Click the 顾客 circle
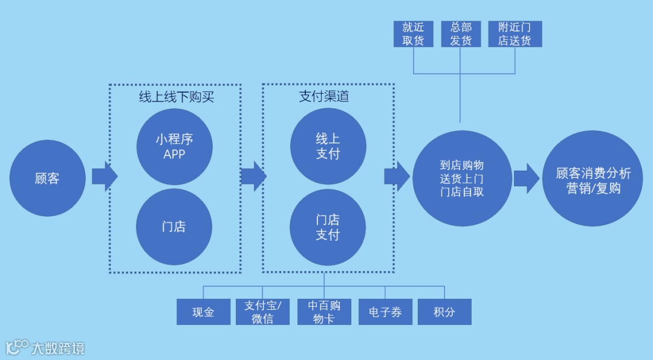47,178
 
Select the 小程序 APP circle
174,146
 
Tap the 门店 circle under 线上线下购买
174,227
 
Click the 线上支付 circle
328,146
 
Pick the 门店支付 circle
328,227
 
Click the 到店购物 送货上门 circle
461,178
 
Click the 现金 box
203,312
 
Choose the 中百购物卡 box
324,312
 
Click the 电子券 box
385,312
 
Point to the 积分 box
444,312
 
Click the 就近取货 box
414,34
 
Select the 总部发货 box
461,34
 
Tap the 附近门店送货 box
515,34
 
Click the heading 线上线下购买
176,97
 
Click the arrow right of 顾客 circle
104,177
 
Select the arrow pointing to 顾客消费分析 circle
526,178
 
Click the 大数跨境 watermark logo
45,348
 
